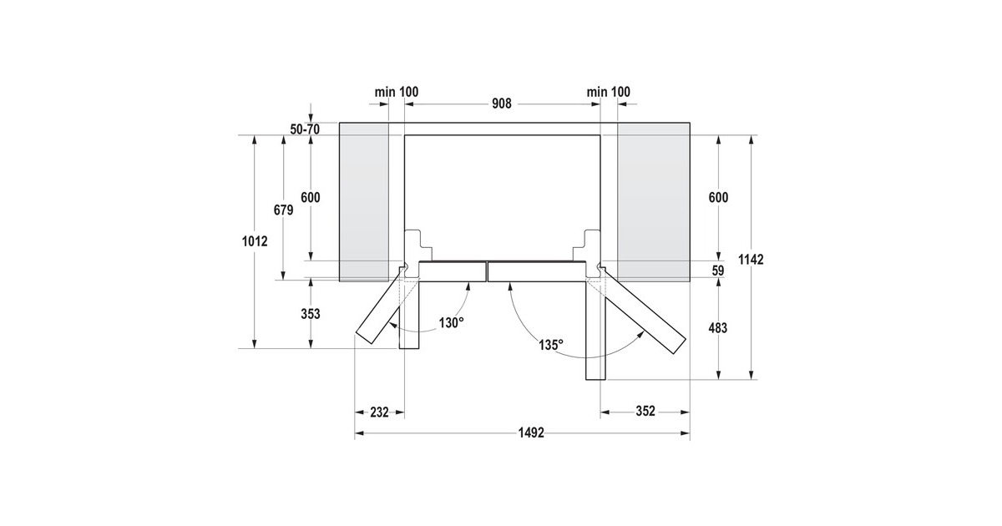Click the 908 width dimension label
pos(502,104)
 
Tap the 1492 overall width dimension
pos(531,433)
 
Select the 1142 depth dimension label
pos(751,260)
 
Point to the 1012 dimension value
pos(255,241)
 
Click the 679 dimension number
pos(283,210)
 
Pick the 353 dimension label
pos(311,314)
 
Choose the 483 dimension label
pos(718,328)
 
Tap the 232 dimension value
pos(379,412)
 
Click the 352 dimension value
pos(645,411)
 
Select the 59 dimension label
pos(718,271)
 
